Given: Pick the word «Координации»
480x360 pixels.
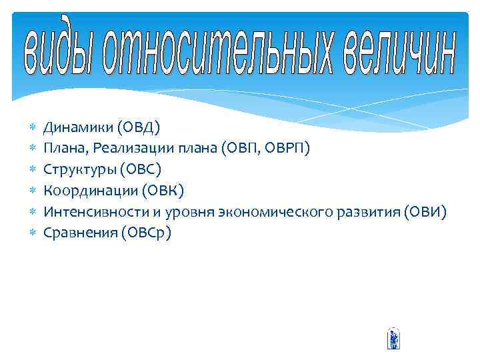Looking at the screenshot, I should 89,191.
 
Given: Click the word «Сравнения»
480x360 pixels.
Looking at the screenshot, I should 79,233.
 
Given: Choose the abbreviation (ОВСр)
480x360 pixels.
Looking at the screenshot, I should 145,233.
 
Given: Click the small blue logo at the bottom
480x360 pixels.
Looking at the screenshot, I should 393,339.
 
